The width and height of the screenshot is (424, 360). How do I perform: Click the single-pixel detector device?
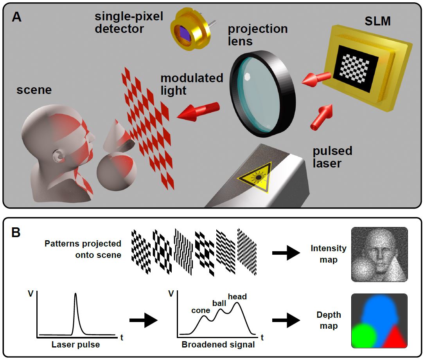click(190, 33)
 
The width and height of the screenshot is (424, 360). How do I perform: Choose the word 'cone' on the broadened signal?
click(201, 310)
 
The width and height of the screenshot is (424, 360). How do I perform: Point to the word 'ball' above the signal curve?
click(219, 303)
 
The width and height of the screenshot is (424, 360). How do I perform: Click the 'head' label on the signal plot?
click(237, 297)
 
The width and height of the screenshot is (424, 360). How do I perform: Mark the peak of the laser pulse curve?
click(75, 294)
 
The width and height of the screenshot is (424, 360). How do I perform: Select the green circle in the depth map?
click(364, 335)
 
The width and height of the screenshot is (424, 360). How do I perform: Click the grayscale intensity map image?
click(379, 254)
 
